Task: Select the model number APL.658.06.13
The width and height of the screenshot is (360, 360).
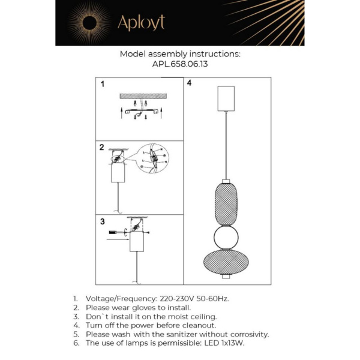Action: click(180, 64)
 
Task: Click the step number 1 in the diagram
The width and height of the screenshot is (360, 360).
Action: click(102, 85)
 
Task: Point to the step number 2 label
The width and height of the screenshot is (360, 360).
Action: click(102, 147)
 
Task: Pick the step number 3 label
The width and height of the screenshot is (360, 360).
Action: click(102, 221)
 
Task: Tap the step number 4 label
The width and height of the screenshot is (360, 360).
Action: click(189, 83)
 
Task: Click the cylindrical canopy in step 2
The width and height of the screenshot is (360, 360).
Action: click(119, 174)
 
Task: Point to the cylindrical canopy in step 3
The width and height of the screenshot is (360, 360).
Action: click(137, 243)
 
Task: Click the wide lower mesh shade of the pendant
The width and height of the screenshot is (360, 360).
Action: click(226, 262)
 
